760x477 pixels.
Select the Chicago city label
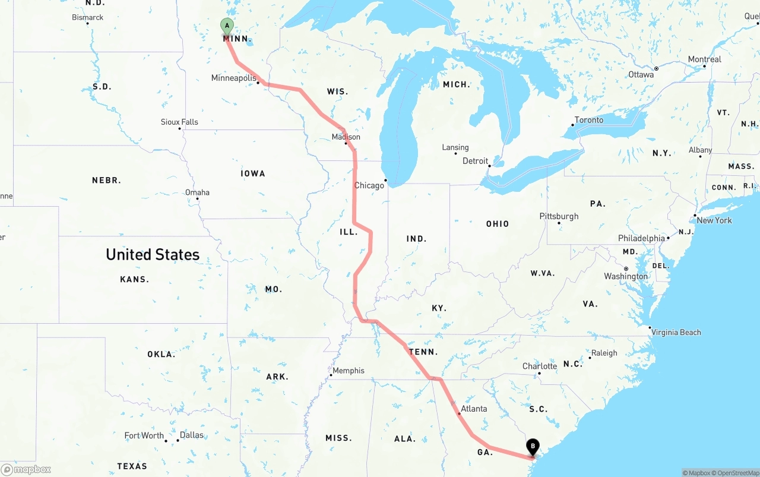369,185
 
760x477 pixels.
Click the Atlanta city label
474,408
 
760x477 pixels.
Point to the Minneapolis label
233,78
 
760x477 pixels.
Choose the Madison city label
346,137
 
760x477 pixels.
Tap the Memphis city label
349,371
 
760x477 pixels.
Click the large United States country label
153,254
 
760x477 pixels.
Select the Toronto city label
589,120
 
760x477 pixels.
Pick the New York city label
714,220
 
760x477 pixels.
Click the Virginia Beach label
676,333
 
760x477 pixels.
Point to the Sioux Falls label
179,122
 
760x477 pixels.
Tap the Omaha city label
197,192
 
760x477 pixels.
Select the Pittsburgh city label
559,216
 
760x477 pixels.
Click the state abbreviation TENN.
423,352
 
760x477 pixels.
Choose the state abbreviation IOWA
253,173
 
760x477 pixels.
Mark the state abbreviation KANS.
134,279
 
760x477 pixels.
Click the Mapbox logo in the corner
26,469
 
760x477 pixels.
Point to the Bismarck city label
88,17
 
